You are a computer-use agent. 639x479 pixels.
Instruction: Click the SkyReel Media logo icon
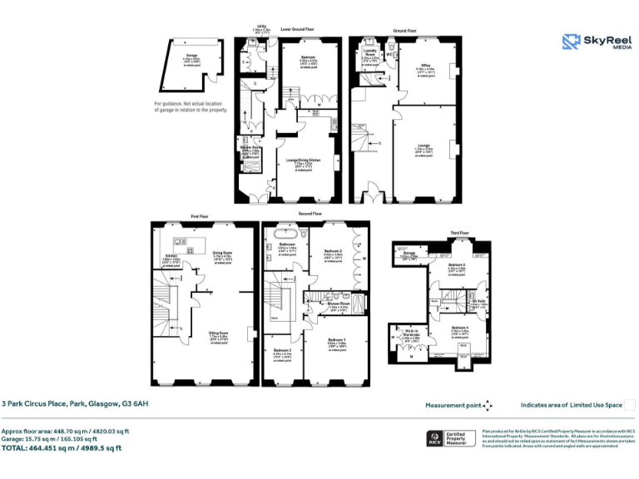click(x=571, y=42)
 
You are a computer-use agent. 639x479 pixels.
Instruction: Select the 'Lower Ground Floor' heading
click(x=297, y=29)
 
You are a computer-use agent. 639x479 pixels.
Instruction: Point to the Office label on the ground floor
click(x=424, y=66)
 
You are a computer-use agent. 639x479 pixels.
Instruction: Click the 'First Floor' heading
click(x=199, y=216)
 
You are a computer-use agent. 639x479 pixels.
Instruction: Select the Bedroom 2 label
click(x=333, y=250)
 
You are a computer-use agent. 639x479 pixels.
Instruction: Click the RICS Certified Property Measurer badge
click(x=449, y=437)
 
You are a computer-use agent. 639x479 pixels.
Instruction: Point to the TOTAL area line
click(x=62, y=448)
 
